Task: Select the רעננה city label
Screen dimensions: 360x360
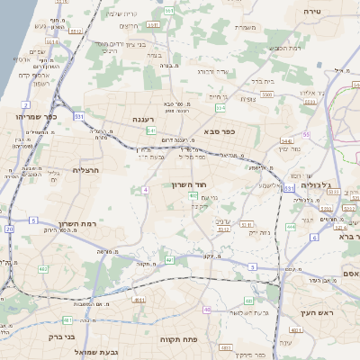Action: point(144,119)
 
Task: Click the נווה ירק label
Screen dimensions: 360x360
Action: point(259,231)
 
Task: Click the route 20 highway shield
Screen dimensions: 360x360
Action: point(10,229)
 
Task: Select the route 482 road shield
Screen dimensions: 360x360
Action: point(43,268)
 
